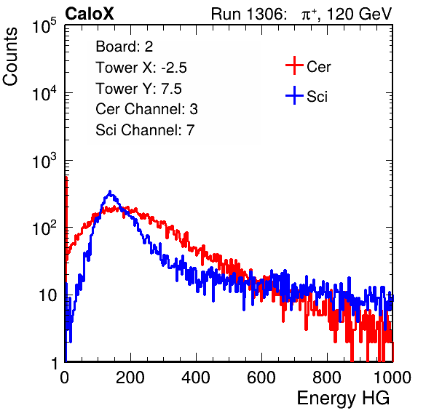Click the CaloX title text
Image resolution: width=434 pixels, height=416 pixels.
pos(90,14)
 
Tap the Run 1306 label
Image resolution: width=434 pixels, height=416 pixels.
pos(248,14)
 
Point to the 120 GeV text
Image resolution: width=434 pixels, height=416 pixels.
pos(360,14)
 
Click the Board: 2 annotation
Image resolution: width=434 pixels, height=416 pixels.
pos(125,47)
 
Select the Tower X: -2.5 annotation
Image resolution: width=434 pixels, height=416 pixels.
pos(141,68)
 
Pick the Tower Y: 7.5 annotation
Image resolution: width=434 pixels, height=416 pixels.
pos(138,89)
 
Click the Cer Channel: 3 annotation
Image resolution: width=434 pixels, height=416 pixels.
pos(146,109)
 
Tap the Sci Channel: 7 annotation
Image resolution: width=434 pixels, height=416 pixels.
pos(145,130)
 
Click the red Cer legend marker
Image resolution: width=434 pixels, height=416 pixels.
pos(294,65)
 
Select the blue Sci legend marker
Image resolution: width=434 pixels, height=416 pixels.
pos(294,96)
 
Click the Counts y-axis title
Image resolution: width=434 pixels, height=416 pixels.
pos(10,57)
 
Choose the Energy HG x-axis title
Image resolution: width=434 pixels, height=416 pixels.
pos(343,399)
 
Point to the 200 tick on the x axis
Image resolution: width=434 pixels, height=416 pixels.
pos(130,377)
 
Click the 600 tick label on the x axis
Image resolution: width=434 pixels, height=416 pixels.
pos(261,377)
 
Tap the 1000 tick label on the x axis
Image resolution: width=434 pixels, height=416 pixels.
pos(392,377)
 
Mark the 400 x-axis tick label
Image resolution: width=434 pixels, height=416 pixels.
pos(196,377)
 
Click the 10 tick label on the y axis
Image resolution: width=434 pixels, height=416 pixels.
pos(47,295)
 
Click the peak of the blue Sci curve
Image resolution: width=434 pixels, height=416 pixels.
pos(110,191)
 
